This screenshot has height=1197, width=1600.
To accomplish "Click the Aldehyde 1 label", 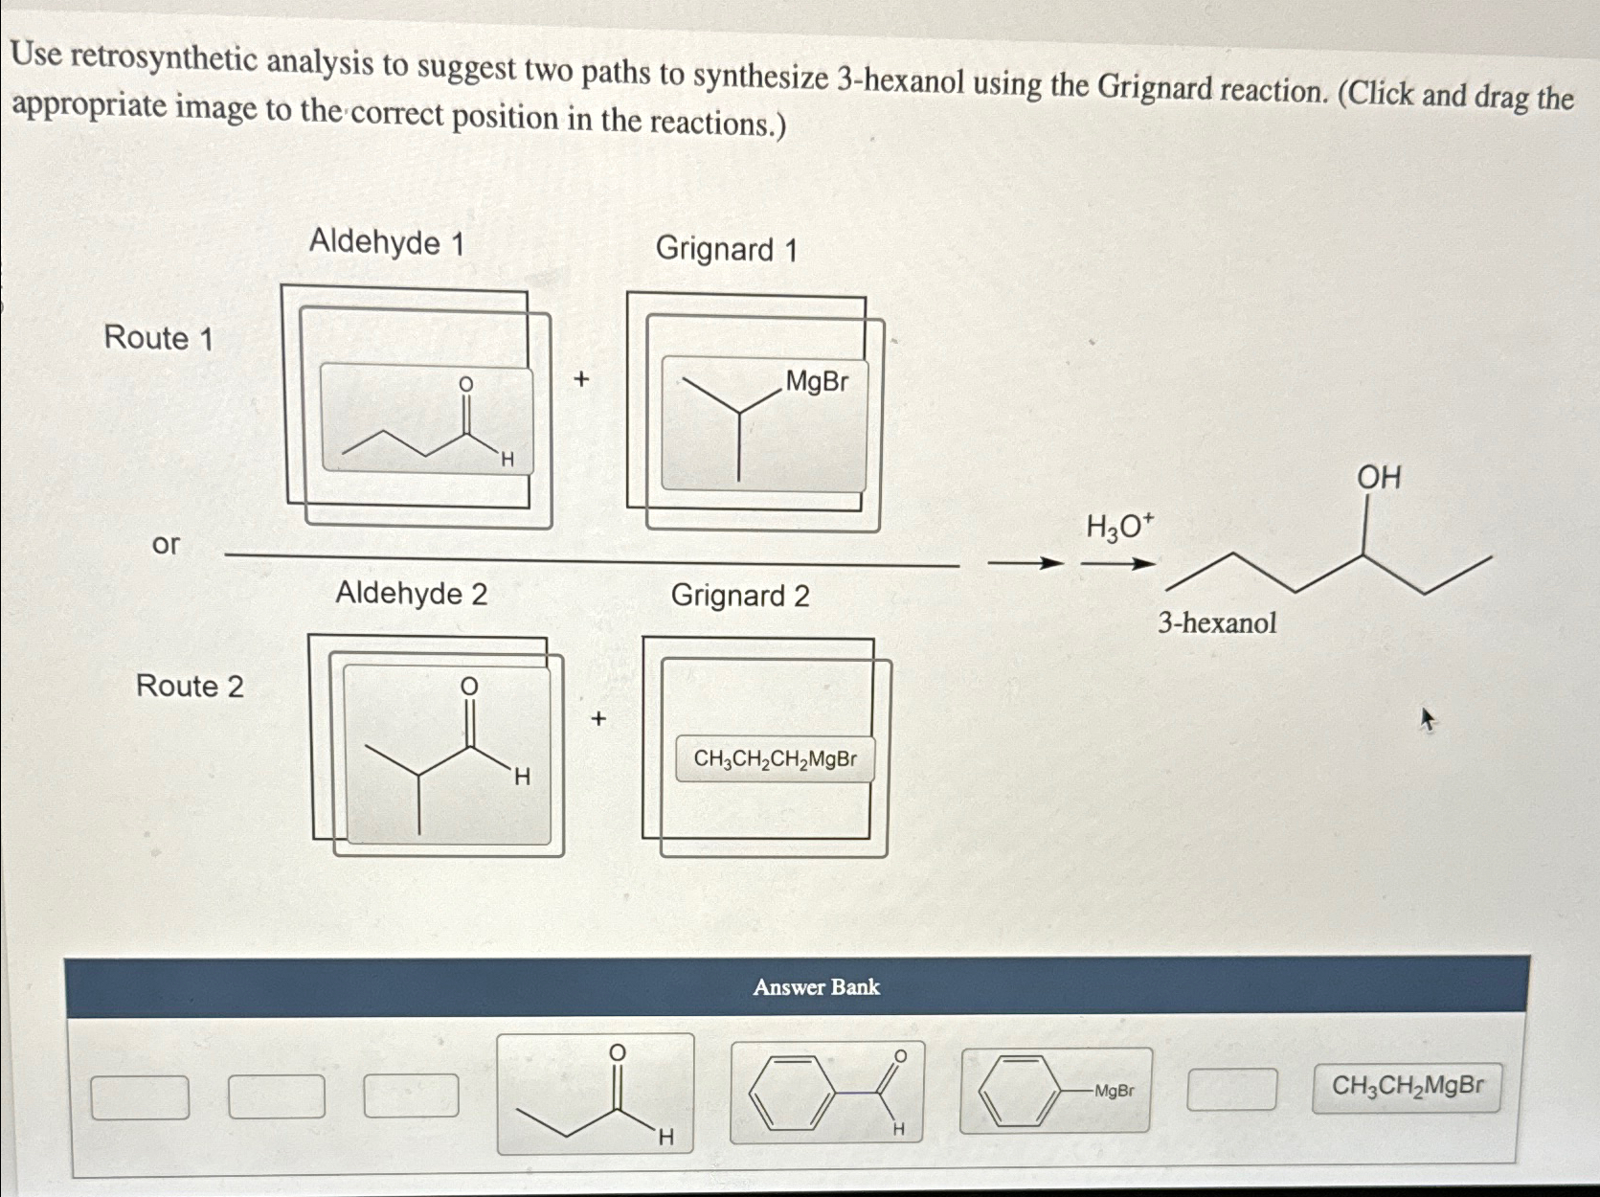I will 386,242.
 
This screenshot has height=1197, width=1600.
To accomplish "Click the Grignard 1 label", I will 726,250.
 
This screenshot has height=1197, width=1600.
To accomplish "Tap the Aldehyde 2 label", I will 411,594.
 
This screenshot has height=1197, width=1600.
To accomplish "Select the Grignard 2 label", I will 740,596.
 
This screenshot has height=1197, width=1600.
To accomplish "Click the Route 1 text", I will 158,338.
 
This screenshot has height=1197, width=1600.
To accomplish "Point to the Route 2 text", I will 190,686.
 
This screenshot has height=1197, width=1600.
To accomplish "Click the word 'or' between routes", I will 166,544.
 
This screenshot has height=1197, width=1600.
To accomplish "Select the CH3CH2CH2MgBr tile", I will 775,759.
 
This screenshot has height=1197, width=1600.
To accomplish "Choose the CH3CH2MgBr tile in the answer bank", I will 1407,1086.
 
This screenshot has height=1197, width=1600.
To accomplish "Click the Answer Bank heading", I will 816,987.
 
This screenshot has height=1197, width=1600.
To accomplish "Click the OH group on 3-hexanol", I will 1378,477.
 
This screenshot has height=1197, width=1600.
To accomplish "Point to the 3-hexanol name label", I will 1217,623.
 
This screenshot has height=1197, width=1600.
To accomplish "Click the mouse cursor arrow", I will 1428,719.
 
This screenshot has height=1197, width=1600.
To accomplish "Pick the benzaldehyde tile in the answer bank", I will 827,1093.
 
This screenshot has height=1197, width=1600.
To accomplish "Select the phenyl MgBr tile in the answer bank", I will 1055,1091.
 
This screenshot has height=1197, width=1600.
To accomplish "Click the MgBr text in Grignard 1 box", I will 817,382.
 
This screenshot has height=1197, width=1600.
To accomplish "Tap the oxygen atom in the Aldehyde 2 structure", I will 469,687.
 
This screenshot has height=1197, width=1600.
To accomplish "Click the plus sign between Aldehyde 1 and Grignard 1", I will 580,379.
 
